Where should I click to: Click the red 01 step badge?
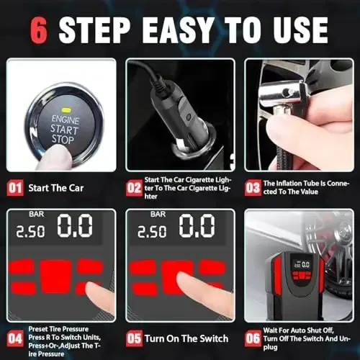[15, 189]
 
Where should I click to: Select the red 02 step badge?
[133, 189]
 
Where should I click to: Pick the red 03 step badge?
[252, 189]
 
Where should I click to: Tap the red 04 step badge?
[15, 337]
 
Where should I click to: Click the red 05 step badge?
[133, 337]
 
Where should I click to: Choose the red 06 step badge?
[252, 337]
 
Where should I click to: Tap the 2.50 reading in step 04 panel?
[31, 231]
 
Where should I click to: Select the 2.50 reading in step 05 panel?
[151, 231]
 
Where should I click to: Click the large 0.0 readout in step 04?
[75, 227]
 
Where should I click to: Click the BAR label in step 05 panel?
[157, 214]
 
